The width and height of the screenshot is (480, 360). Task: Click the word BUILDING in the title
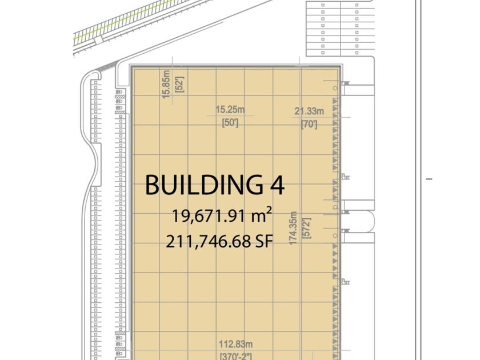point(204,185)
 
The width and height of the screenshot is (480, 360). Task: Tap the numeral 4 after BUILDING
point(277,185)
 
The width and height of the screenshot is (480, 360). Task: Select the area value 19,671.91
point(209,216)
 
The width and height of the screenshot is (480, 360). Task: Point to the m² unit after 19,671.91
point(262,215)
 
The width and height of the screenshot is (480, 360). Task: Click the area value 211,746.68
point(208,241)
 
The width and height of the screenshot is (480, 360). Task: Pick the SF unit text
point(264,241)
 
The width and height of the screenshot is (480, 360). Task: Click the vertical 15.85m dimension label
point(166,84)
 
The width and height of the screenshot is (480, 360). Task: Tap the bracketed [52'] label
point(179,85)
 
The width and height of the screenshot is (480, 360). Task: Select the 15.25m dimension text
point(230,110)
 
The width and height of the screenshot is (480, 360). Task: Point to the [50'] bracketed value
point(230,123)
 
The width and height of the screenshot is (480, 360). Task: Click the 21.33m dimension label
point(309,111)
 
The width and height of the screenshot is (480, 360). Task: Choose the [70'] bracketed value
point(309,125)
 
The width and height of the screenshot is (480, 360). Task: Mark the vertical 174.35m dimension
point(293,228)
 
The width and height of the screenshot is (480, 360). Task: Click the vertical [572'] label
point(307,228)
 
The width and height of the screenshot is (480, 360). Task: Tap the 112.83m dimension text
point(235,344)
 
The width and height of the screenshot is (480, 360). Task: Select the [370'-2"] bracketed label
point(235,357)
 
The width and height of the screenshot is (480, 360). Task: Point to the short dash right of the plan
point(429,179)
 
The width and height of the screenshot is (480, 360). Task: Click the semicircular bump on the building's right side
point(373,221)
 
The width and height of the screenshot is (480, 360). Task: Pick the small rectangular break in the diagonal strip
point(98,41)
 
